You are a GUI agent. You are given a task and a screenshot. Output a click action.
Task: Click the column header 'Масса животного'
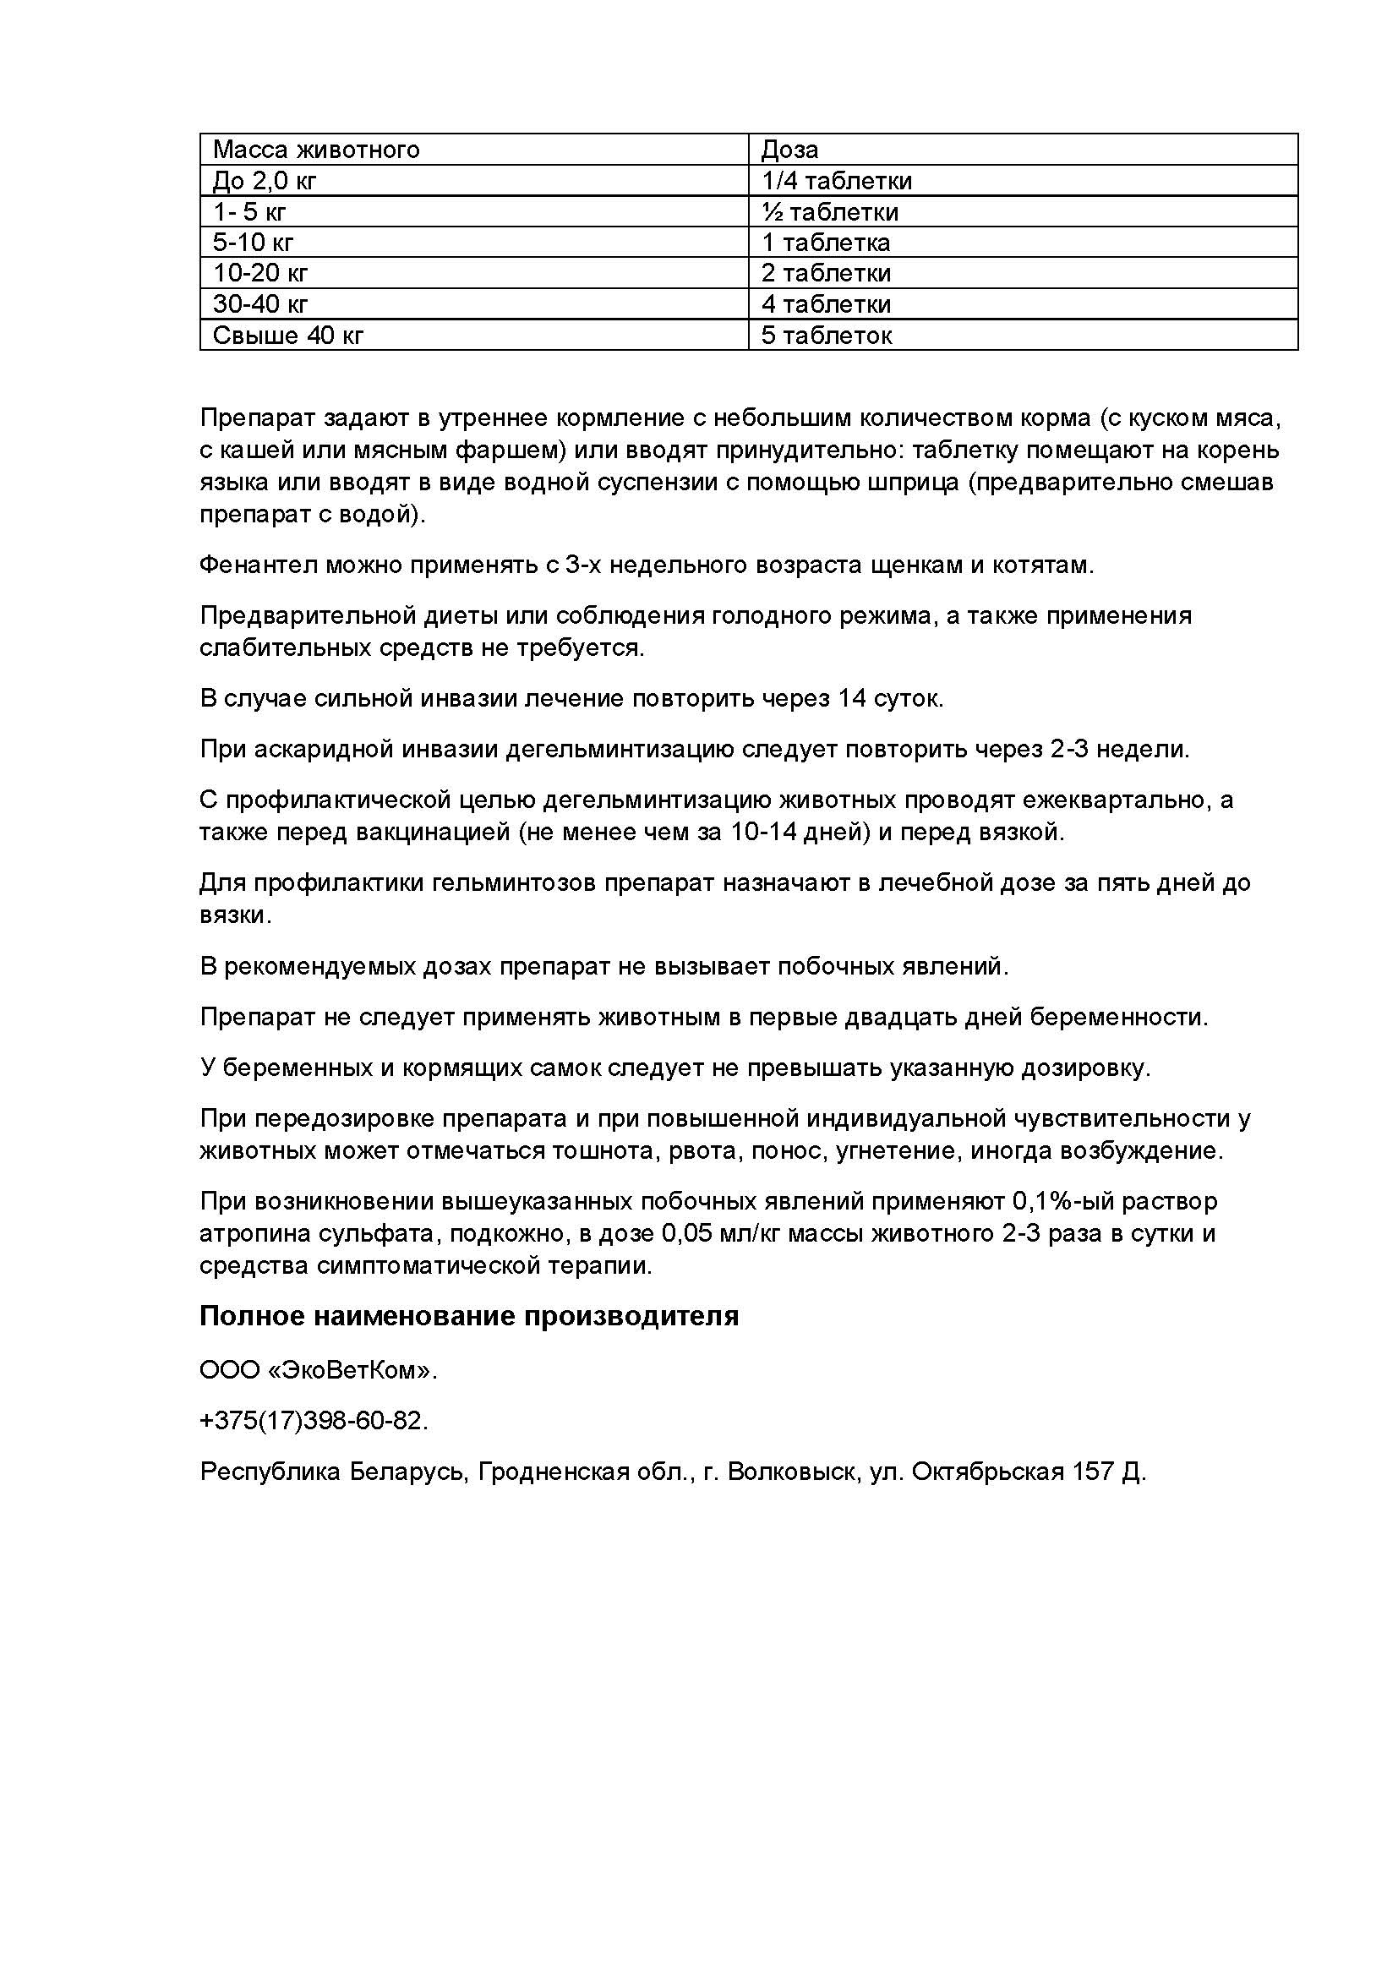tap(316, 150)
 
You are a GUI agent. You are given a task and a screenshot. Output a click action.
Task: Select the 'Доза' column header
tap(789, 150)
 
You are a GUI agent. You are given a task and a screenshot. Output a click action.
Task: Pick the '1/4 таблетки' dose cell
tap(836, 181)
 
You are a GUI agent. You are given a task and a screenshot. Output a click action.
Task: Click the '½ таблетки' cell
tap(829, 212)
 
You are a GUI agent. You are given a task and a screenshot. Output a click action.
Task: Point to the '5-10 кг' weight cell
tap(253, 243)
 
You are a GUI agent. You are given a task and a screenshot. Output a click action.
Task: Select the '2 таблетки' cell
tap(826, 274)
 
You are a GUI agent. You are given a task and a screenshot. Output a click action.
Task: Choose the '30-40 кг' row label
tap(260, 304)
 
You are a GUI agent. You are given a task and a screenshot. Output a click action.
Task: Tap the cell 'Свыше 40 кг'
tap(287, 335)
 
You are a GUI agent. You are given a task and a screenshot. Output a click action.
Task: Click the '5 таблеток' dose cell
tap(826, 335)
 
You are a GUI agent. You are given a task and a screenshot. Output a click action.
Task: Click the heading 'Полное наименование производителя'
tap(469, 1317)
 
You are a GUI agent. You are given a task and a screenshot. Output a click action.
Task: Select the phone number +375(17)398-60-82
tap(313, 1421)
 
